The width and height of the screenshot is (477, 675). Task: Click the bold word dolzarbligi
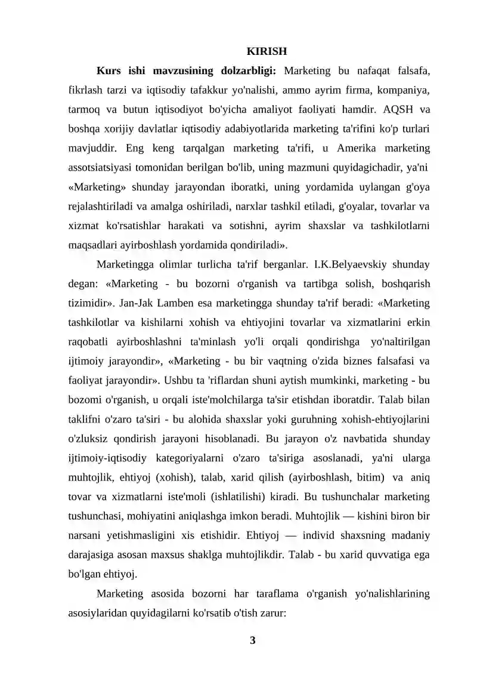coord(246,71)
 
